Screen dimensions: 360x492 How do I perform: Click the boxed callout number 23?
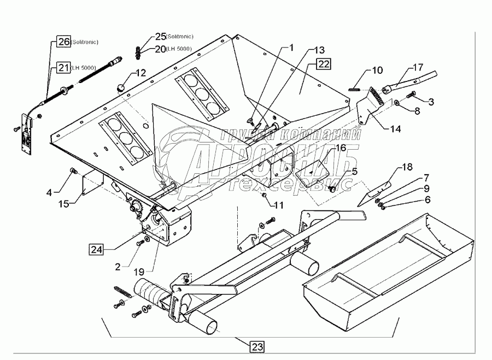257,346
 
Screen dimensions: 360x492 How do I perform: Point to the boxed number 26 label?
64,42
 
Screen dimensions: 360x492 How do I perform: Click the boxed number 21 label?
63,68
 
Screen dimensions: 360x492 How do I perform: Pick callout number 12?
140,73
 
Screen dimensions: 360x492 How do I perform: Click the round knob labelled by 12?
121,87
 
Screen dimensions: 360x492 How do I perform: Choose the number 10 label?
377,70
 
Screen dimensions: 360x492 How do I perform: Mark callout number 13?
319,50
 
